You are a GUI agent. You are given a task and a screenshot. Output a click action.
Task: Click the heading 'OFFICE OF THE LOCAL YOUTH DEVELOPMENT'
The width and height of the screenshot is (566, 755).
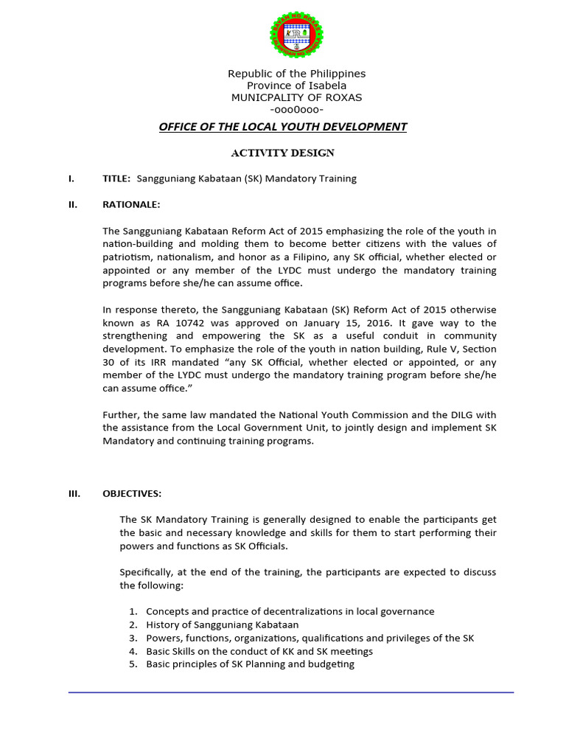tap(283, 127)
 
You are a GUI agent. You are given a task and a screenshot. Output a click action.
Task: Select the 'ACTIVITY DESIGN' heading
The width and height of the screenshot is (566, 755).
tap(283, 153)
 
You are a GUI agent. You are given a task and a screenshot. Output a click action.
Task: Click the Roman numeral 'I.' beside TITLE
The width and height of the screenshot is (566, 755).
tap(71, 179)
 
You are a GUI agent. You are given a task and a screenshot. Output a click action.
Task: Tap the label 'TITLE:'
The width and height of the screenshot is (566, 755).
tap(116, 179)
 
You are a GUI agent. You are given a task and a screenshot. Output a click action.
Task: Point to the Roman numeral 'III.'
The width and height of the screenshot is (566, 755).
tap(74, 493)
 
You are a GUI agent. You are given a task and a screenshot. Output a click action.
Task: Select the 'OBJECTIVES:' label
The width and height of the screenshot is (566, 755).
tap(132, 493)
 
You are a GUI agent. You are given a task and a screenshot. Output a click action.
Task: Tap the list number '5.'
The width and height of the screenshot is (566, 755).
tap(133, 664)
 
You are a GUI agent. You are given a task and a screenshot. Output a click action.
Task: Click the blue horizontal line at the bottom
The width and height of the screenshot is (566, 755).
tap(291, 692)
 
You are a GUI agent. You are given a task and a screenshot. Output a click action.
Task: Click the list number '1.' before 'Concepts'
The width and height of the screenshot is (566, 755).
tap(133, 611)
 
